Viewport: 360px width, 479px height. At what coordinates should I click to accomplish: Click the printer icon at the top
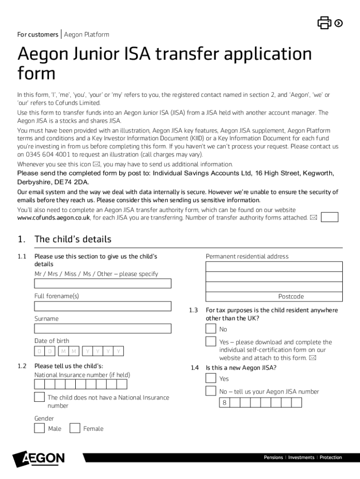[324, 22]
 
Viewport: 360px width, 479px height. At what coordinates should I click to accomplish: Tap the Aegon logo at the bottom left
[39, 459]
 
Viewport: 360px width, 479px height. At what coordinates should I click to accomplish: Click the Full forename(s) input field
[103, 306]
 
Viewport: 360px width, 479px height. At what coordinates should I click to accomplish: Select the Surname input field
[103, 328]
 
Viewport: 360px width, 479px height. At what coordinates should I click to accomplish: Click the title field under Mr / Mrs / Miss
[103, 283]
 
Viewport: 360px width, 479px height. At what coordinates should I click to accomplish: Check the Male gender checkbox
[40, 428]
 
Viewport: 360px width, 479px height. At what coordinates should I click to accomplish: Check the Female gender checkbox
[75, 428]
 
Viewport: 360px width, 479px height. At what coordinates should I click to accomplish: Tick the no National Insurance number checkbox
[40, 397]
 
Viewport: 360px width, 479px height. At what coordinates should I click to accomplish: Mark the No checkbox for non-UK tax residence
[211, 329]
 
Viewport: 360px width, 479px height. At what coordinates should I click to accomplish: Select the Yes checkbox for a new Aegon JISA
[211, 378]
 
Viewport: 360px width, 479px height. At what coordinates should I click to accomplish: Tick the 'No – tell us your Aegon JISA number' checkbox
[211, 391]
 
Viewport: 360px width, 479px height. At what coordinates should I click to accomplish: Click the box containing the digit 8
[225, 403]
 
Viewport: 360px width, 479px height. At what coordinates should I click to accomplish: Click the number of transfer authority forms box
[330, 217]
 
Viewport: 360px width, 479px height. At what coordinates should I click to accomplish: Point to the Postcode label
[291, 297]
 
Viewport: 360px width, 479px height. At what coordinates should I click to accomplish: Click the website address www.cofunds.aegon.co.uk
[53, 218]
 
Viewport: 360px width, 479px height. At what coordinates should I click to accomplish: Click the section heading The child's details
[73, 239]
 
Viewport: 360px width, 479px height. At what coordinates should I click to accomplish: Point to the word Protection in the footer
[331, 457]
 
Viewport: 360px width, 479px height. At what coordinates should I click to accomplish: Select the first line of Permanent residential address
[274, 267]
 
